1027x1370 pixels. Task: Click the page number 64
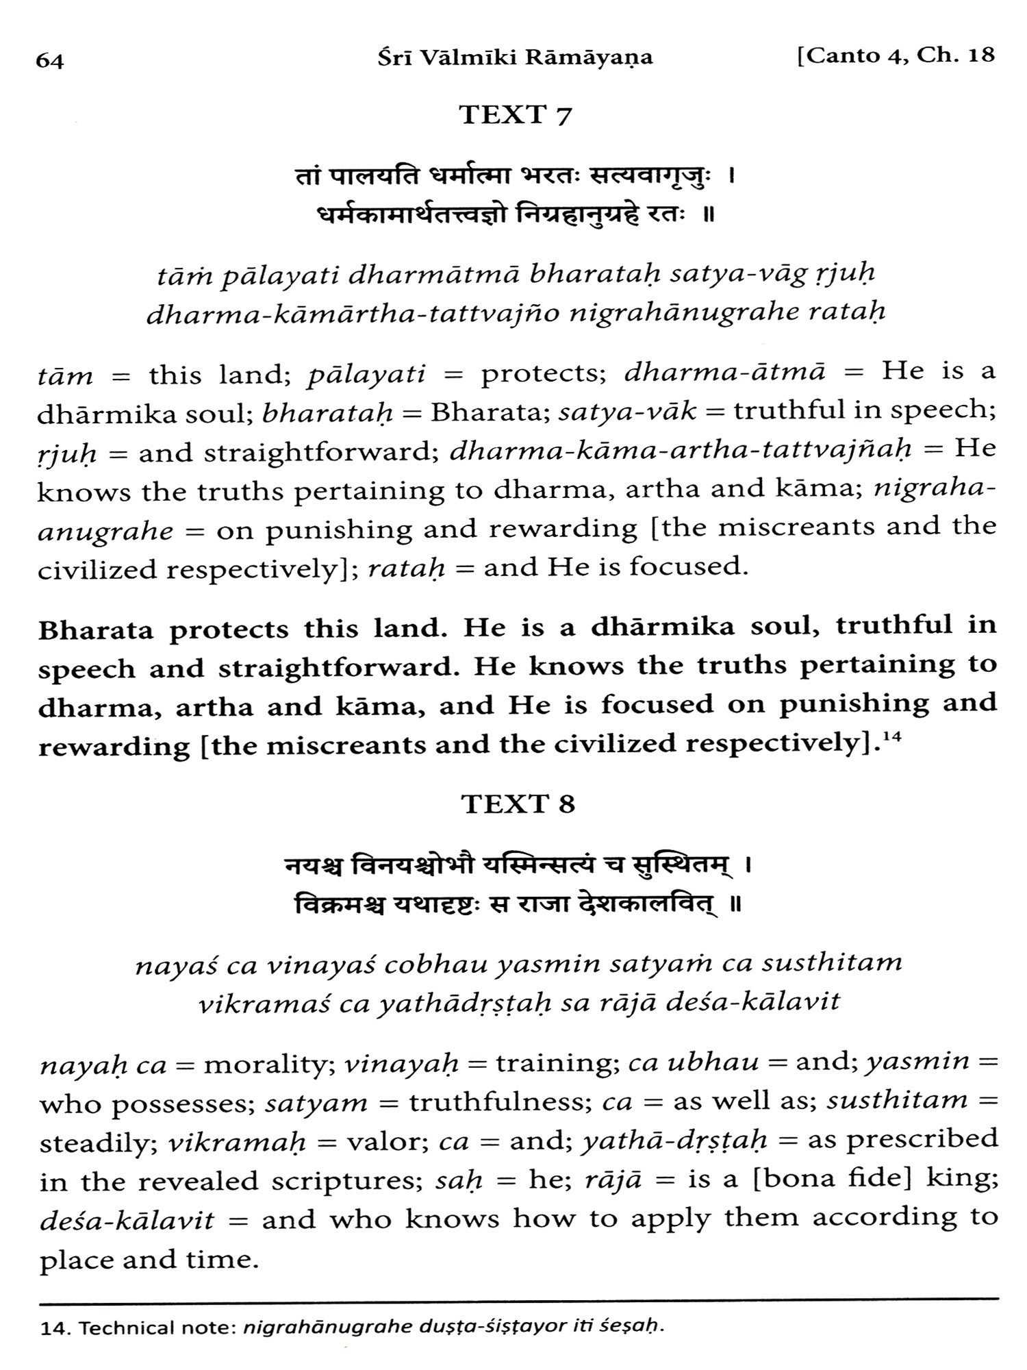pyautogui.click(x=50, y=61)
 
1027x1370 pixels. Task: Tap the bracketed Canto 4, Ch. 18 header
pyautogui.click(x=896, y=56)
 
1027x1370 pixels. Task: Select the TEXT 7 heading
pyautogui.click(x=515, y=115)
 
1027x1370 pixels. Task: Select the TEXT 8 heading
pyautogui.click(x=518, y=804)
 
